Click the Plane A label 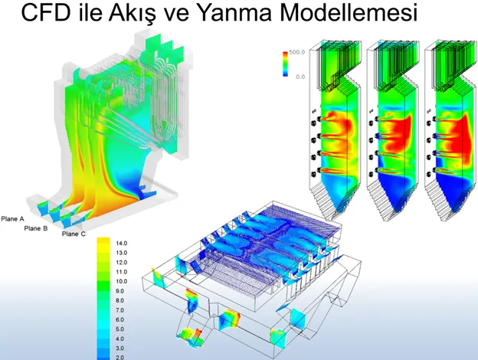coord(12,219)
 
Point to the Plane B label coord(36,228)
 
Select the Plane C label coord(74,234)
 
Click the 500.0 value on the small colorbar coord(297,52)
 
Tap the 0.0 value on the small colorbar coord(300,77)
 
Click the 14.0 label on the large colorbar coord(122,244)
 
